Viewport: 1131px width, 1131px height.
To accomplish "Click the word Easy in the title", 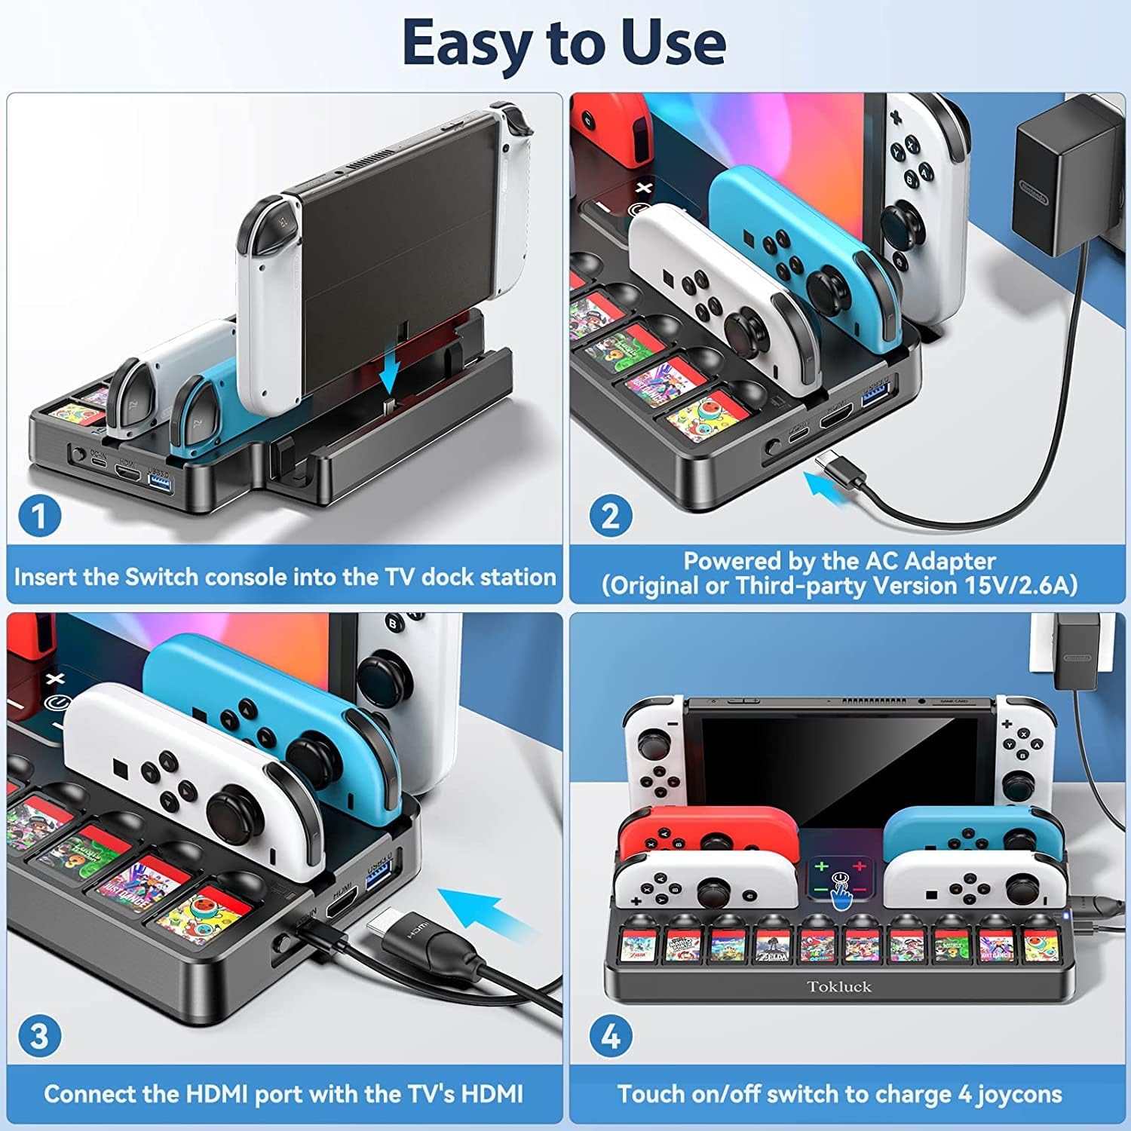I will [x=467, y=43].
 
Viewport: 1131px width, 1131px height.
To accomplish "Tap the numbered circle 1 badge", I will [x=39, y=516].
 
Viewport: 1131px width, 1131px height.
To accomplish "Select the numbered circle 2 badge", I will [x=610, y=516].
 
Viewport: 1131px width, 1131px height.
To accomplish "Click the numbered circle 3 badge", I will [x=39, y=1036].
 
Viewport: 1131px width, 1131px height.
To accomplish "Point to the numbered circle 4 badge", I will [x=610, y=1036].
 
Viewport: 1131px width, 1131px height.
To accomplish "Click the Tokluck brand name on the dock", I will [x=838, y=986].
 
